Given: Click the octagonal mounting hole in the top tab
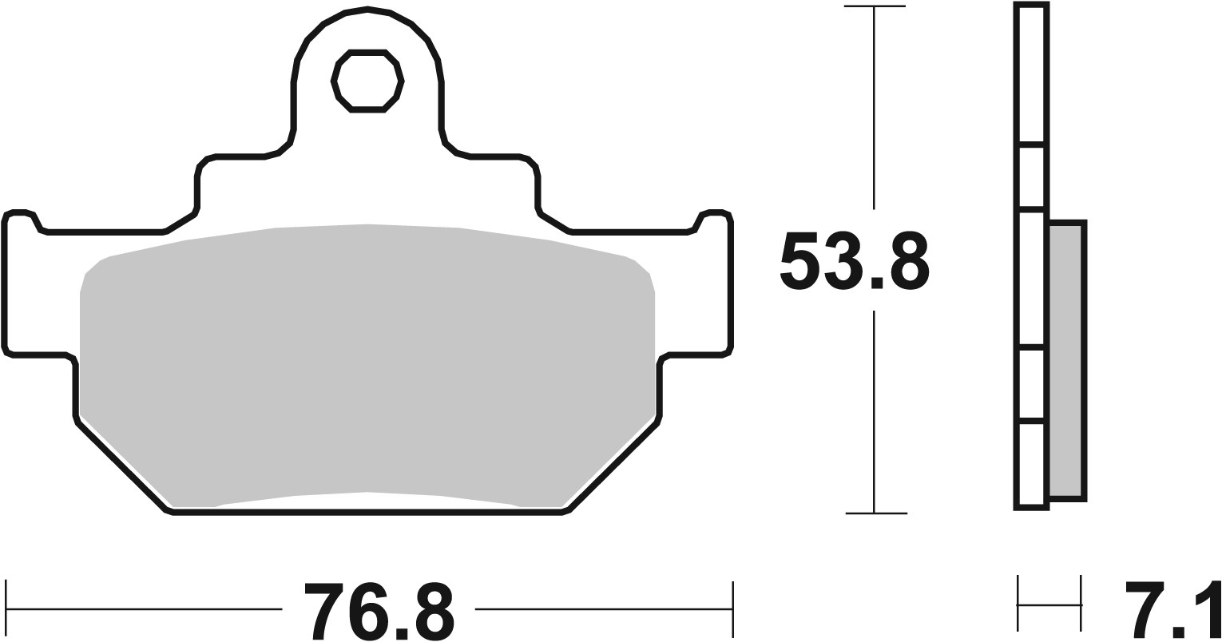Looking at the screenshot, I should click(367, 81).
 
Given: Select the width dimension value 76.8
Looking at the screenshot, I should click(379, 612).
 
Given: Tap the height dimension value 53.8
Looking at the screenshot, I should click(853, 261).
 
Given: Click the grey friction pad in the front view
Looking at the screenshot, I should click(367, 359).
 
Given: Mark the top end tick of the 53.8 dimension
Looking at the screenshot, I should click(875, 7).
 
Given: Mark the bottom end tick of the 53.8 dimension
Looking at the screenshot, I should click(875, 513).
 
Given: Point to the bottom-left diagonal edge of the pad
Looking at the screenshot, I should click(124, 466).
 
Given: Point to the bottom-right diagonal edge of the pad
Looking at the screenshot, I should click(613, 466).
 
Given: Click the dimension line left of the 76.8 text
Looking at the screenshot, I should click(144, 609).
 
